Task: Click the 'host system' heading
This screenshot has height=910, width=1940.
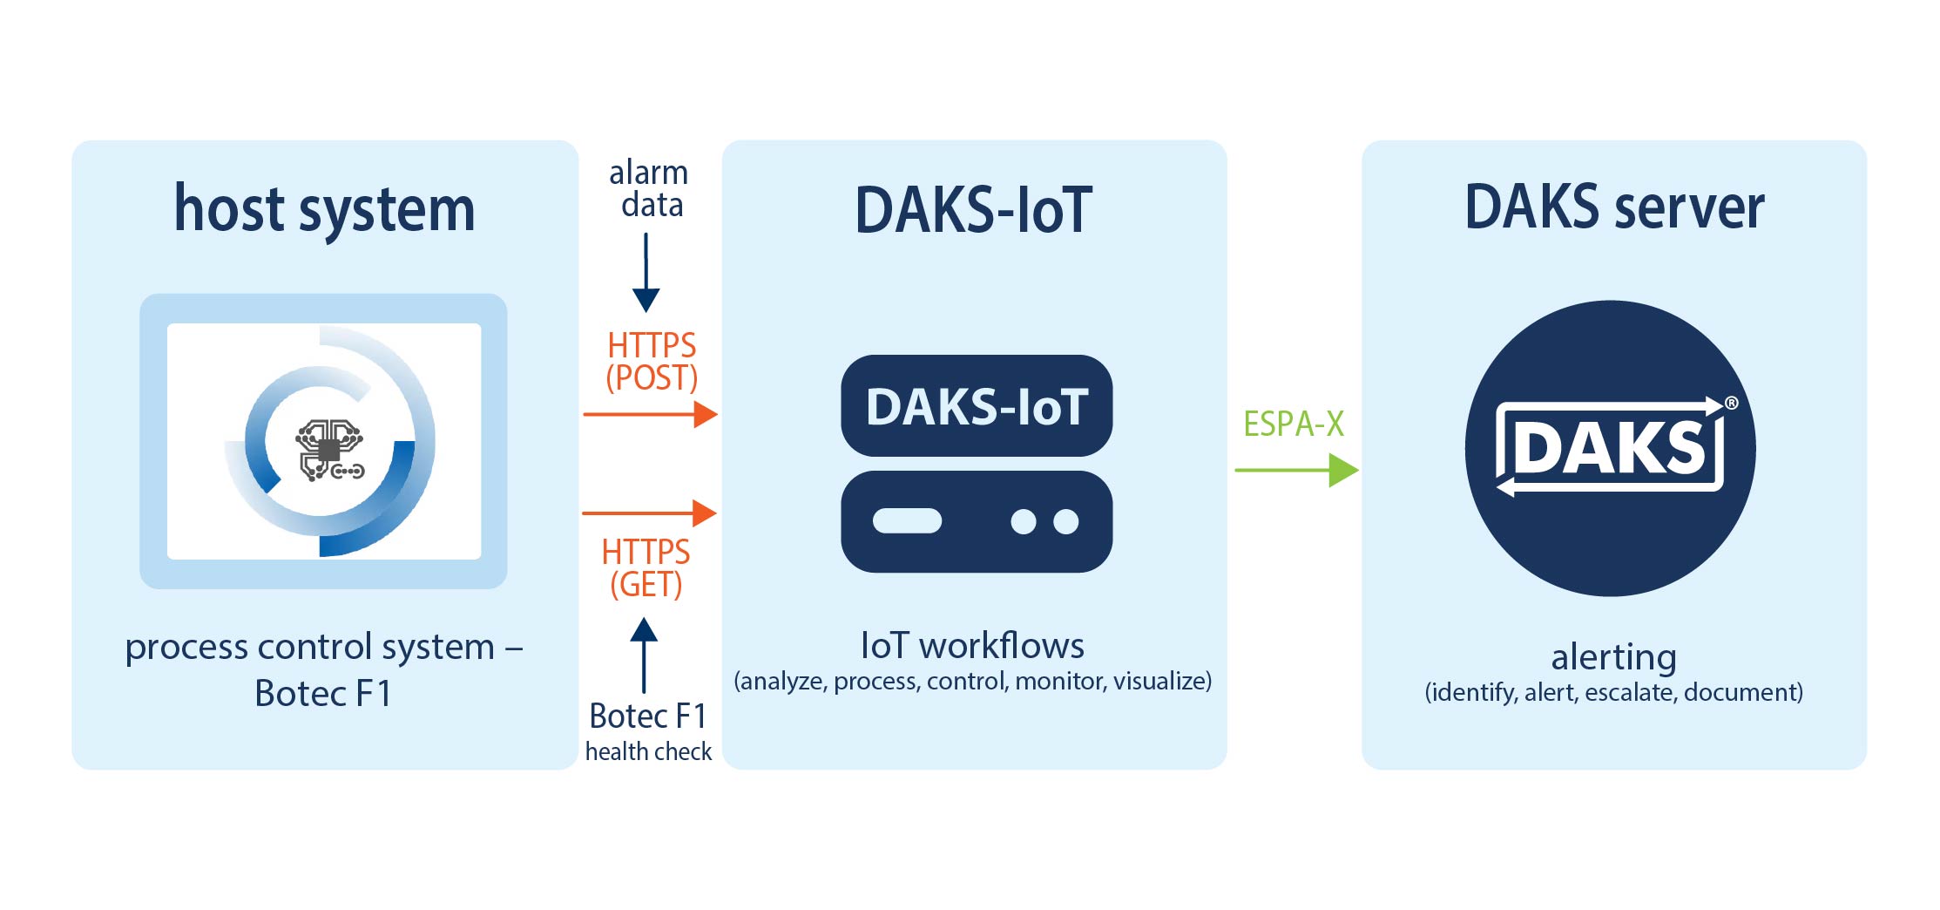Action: point(324,209)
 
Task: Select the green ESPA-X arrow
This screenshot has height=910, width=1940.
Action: point(1295,471)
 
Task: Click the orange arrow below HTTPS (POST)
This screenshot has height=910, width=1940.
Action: point(649,415)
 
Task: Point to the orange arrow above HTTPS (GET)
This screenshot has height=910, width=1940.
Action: point(649,513)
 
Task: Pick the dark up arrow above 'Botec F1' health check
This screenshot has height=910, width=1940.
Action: point(644,654)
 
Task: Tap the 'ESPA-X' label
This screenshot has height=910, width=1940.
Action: point(1293,424)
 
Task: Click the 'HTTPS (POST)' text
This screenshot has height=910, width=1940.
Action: point(652,362)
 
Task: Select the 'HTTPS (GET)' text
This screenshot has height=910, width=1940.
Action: point(646,568)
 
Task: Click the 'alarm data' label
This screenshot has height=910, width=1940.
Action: point(649,188)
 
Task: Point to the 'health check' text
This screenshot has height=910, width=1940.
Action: point(648,751)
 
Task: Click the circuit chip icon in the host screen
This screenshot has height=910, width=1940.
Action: point(328,450)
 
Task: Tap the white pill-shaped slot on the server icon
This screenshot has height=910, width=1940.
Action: point(907,521)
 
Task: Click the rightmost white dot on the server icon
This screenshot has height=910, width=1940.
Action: point(1065,522)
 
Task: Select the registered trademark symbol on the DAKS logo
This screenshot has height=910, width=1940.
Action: point(1731,403)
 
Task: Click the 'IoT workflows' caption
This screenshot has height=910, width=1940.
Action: point(972,646)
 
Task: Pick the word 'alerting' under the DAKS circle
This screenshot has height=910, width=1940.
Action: point(1613,656)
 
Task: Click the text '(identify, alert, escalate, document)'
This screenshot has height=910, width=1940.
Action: point(1613,693)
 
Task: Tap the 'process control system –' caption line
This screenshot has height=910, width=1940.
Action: point(323,647)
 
